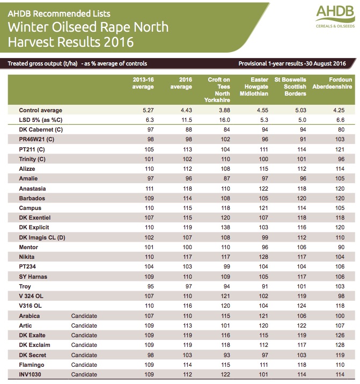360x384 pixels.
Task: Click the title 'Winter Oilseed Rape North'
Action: pyautogui.click(x=88, y=27)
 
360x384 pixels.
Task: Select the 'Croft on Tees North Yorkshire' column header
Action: pyautogui.click(x=218, y=90)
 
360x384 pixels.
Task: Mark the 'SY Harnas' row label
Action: pyautogui.click(x=34, y=277)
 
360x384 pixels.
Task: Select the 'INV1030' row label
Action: pyautogui.click(x=31, y=374)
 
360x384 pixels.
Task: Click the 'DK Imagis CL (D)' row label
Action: pyautogui.click(x=42, y=237)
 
